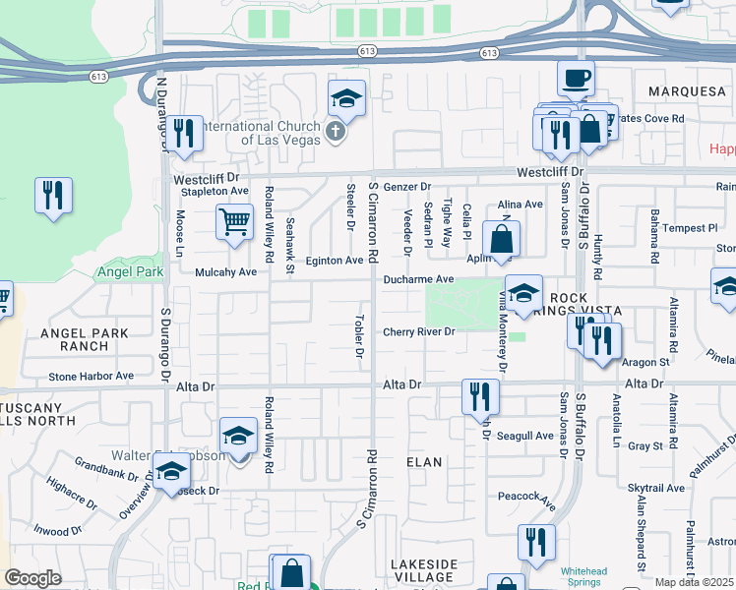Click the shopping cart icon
point(234,221)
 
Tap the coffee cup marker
point(576,77)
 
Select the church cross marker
point(336,131)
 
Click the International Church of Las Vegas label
point(260,133)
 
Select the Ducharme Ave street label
point(418,279)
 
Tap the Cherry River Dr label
point(418,331)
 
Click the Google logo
point(32,578)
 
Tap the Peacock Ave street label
point(526,497)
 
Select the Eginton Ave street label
point(334,261)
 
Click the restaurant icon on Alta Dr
point(480,396)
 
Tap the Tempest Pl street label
point(691,228)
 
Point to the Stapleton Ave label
point(212,191)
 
